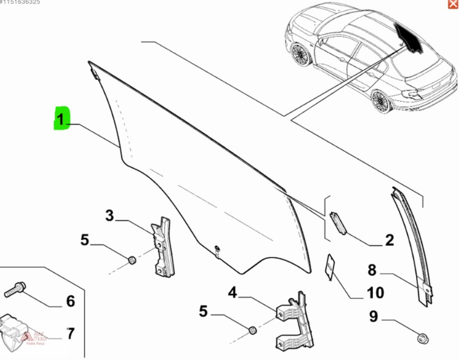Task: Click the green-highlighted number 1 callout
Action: pos(61,119)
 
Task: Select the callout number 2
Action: pos(389,240)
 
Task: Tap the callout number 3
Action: pos(110,216)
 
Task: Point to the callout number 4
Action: pos(232,292)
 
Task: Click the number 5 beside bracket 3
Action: pos(85,240)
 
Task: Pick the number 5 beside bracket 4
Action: pos(203,311)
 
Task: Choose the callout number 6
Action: pos(70,302)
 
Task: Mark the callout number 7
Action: pos(70,334)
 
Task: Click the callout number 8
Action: pos(372,271)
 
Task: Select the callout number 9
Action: pos(373,317)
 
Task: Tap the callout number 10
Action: pos(375,292)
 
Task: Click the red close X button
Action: pos(453,4)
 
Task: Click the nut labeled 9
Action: pos(421,338)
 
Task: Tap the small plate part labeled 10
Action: pos(330,266)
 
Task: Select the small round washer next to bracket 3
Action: pos(132,261)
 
